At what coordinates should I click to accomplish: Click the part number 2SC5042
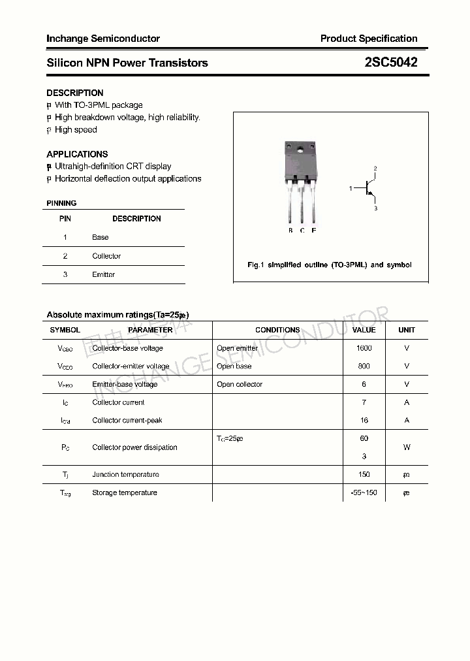[391, 63]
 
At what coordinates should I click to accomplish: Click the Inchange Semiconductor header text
[103, 39]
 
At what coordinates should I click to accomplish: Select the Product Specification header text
[369, 39]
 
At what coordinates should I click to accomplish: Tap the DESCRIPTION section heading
[75, 93]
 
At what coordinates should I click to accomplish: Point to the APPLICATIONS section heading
[77, 154]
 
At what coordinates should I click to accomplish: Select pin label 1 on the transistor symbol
[351, 189]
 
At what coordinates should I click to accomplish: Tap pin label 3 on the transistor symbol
[375, 208]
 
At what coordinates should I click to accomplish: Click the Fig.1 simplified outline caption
[330, 265]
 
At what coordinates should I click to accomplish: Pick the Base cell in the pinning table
[101, 237]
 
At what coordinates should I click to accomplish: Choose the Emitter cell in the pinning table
[103, 274]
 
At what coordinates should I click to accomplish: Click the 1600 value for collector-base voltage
[364, 348]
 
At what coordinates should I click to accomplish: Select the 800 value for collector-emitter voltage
[364, 366]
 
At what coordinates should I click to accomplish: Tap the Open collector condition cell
[240, 384]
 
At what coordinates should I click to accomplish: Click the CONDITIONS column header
[277, 330]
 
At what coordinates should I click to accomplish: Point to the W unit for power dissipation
[407, 447]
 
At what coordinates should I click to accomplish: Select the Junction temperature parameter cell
[125, 475]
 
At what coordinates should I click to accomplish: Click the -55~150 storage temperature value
[364, 492]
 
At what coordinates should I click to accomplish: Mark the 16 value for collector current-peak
[364, 420]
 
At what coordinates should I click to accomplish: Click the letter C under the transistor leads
[302, 231]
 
